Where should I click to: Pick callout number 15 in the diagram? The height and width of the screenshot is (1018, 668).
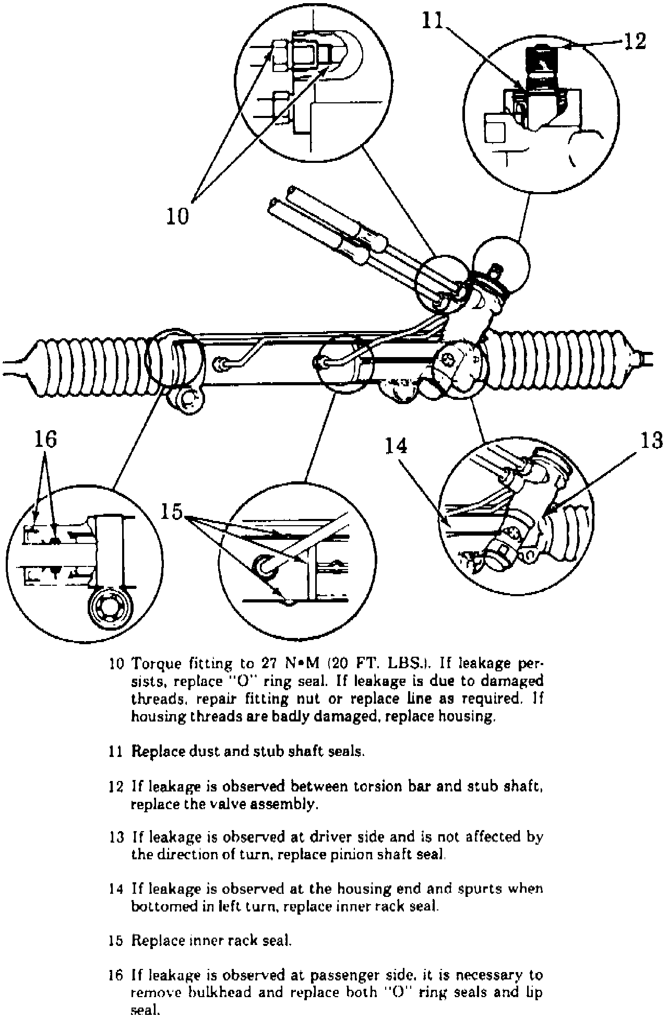point(172,512)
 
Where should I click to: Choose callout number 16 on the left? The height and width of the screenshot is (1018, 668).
point(45,440)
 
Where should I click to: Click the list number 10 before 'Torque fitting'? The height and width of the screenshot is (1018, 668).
point(116,664)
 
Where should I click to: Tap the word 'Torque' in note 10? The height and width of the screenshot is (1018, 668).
point(156,664)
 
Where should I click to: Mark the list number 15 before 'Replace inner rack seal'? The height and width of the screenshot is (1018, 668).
point(116,940)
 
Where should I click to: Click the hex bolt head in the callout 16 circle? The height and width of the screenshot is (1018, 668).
point(113,607)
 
